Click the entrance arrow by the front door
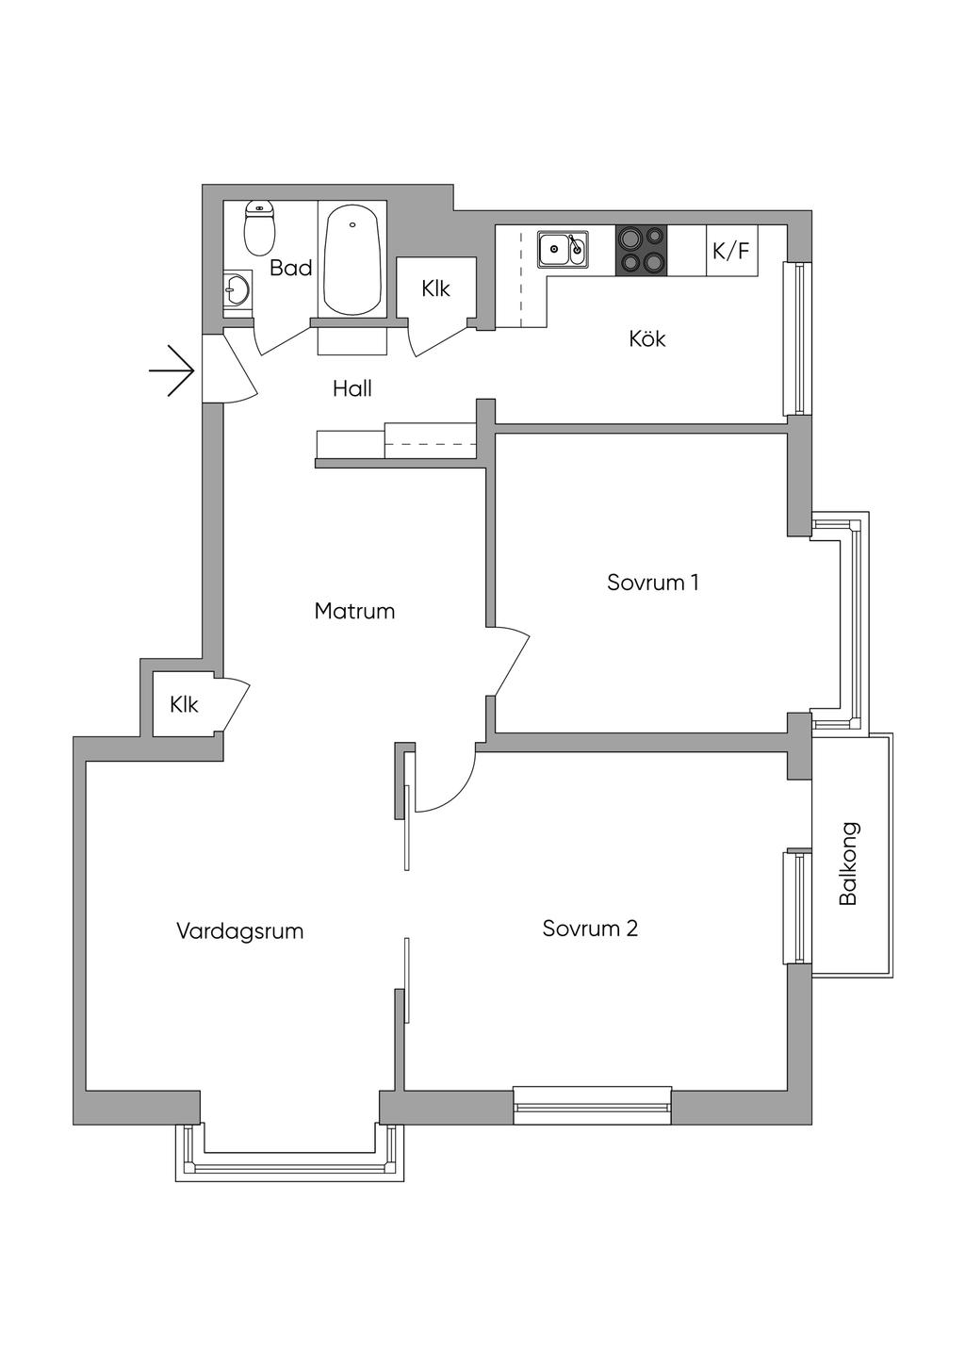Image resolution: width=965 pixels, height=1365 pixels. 172,370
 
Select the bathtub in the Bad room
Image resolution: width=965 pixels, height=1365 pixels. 352,258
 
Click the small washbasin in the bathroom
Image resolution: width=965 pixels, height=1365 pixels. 237,288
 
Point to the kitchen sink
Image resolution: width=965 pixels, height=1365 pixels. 563,249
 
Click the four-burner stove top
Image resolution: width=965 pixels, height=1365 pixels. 641,251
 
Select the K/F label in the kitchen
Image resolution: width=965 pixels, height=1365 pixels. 731,251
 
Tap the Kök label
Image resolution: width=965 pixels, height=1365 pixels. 647,338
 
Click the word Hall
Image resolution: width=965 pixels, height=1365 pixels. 352,388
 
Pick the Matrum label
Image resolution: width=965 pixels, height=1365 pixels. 354,611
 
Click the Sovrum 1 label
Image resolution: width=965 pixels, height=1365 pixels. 652,583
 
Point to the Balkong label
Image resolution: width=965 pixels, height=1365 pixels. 849,863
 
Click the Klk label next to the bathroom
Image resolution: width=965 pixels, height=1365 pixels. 435,288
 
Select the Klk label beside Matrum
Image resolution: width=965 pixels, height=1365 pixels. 184,705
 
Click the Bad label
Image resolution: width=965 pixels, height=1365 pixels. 291,268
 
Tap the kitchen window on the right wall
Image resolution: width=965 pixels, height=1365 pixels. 797,338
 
